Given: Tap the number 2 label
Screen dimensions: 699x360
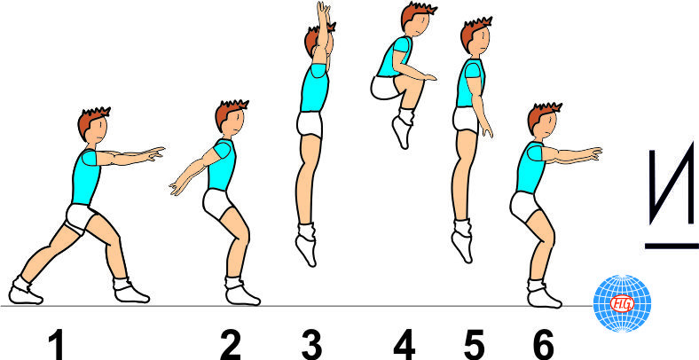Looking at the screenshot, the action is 231,346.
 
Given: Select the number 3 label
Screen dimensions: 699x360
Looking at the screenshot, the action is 310,346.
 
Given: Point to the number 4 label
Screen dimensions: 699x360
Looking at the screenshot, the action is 404,346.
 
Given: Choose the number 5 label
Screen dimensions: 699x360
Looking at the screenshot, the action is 474,346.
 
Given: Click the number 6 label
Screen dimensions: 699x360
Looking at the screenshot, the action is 544,346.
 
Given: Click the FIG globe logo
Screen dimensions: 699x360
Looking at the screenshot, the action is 623,303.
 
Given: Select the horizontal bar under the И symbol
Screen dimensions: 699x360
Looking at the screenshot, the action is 672,246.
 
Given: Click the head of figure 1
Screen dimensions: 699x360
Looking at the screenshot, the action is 93,125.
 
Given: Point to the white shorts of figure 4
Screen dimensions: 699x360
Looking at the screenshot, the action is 385,87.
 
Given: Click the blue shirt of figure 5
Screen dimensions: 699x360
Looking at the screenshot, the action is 469,82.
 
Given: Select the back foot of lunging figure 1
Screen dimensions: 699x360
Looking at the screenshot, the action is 25,293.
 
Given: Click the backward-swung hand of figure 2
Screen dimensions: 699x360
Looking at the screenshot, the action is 177,187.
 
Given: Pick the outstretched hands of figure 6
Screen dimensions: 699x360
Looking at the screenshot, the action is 593,153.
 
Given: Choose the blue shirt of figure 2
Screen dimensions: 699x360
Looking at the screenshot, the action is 222,164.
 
